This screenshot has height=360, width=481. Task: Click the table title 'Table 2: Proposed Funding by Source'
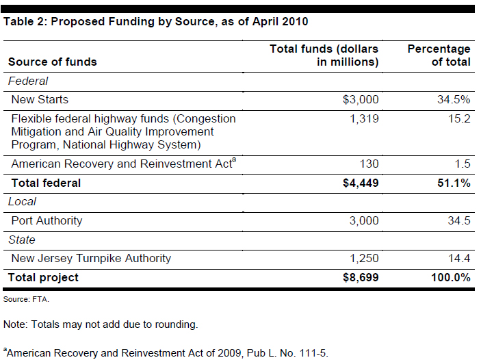pos(156,21)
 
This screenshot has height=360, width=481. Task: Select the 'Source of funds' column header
pos(53,62)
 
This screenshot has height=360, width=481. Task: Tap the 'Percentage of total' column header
pos(439,55)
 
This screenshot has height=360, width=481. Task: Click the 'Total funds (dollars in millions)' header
pos(324,55)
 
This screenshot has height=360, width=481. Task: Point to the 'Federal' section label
pos(28,81)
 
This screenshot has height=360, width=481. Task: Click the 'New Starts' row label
pos(40,99)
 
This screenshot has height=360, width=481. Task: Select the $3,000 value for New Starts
pos(361,99)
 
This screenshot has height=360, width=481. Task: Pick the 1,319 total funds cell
pos(364,118)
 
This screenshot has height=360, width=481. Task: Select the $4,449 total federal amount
pos(360,183)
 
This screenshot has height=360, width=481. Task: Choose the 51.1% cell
pos(454,183)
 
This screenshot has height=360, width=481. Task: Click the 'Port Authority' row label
pos(47,220)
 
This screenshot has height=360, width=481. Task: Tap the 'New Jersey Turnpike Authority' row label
pos(91,258)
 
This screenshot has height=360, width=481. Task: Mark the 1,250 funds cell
pos(364,258)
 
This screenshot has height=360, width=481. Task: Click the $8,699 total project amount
pos(360,277)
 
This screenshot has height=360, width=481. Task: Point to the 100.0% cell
pos(450,277)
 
